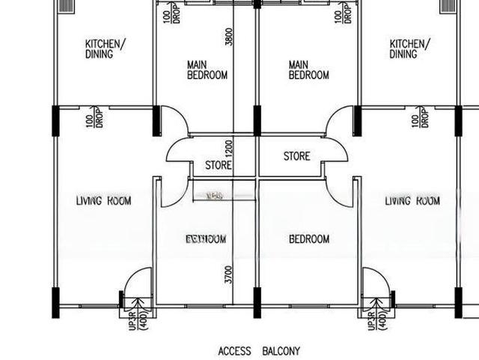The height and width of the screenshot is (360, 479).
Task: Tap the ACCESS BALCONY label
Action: [x=260, y=350]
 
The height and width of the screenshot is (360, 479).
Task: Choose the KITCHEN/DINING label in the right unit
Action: [x=409, y=49]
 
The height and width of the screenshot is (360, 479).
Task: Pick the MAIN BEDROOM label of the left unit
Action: [x=207, y=70]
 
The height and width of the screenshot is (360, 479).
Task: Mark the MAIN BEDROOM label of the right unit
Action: [x=308, y=70]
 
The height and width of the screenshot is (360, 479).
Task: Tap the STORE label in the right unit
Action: [x=296, y=157]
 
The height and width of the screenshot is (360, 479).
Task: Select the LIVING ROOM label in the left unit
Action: [x=103, y=201]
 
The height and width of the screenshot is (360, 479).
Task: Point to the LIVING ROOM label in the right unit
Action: [x=412, y=201]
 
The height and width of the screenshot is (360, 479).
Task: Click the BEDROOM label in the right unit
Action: [x=309, y=239]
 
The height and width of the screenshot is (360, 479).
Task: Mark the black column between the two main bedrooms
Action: [x=257, y=120]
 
